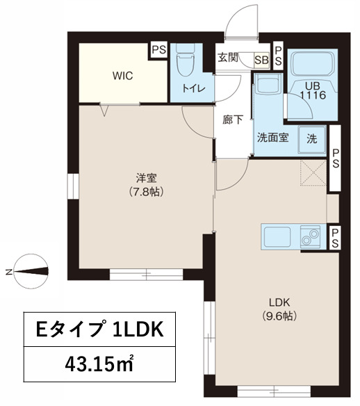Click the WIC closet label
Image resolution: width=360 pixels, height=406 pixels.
(x=122, y=76)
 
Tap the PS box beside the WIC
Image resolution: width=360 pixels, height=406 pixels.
(x=159, y=49)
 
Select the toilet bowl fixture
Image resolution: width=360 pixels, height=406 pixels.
(x=184, y=64)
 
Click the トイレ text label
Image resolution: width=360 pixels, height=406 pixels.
(x=193, y=88)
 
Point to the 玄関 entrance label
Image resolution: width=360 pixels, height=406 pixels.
(x=228, y=58)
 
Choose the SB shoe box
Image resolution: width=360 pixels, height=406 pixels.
(x=262, y=59)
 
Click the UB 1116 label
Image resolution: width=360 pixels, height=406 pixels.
(x=312, y=90)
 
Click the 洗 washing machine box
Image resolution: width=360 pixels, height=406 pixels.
(x=312, y=137)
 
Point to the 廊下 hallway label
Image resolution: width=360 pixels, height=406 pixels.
(x=232, y=119)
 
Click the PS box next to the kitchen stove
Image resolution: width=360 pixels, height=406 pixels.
(x=334, y=238)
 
